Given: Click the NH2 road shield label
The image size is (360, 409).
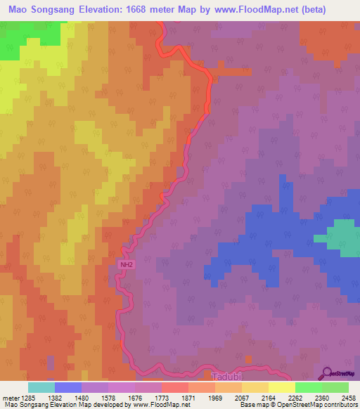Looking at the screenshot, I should tap(125, 265).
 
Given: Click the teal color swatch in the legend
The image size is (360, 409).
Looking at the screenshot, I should tap(41, 387).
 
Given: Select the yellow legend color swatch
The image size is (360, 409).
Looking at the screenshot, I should tap(282, 387).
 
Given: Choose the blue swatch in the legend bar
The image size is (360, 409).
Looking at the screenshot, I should tap(67, 387).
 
